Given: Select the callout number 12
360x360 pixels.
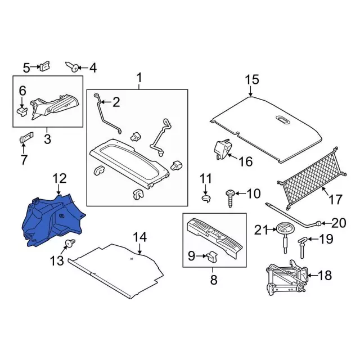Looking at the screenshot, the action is pyautogui.click(x=60, y=178).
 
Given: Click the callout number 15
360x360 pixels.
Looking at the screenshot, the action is pyautogui.click(x=251, y=79).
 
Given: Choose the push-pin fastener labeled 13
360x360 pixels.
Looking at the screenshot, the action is pyautogui.click(x=70, y=243).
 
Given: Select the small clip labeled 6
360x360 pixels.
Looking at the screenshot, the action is pyautogui.click(x=22, y=112).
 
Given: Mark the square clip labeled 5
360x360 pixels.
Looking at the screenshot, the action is pyautogui.click(x=45, y=66).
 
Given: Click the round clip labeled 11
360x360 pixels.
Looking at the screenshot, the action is pyautogui.click(x=206, y=199).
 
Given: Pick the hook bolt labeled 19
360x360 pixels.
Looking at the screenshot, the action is pyautogui.click(x=301, y=247).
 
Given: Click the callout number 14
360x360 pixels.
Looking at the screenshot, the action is pyautogui.click(x=139, y=237).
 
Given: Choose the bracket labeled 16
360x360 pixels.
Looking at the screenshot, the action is pyautogui.click(x=222, y=148).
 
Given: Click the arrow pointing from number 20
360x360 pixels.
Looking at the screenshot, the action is pyautogui.click(x=326, y=223).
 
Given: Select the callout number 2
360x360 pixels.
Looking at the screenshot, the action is pyautogui.click(x=116, y=102).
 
